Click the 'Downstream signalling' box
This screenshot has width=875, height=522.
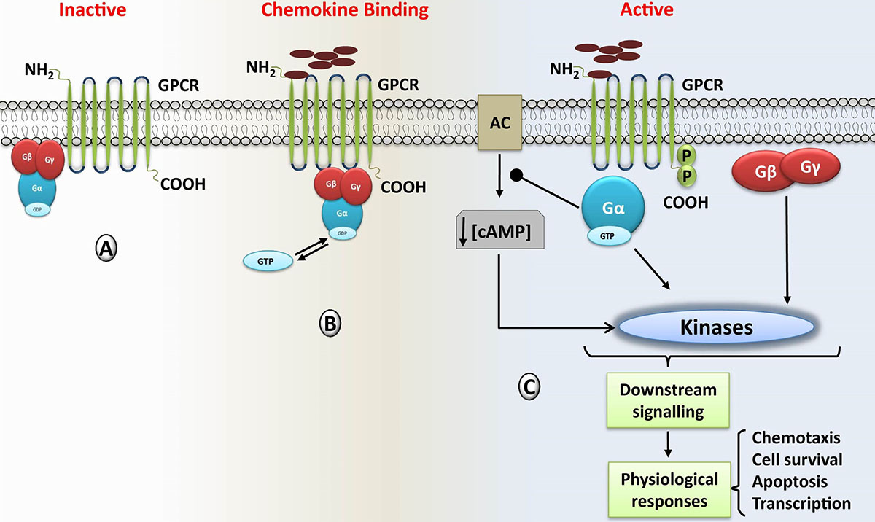click(x=667, y=400)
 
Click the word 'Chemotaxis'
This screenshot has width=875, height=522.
click(x=796, y=437)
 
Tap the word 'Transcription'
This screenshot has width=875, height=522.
click(x=801, y=503)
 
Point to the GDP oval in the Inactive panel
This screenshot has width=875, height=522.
click(x=42, y=210)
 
